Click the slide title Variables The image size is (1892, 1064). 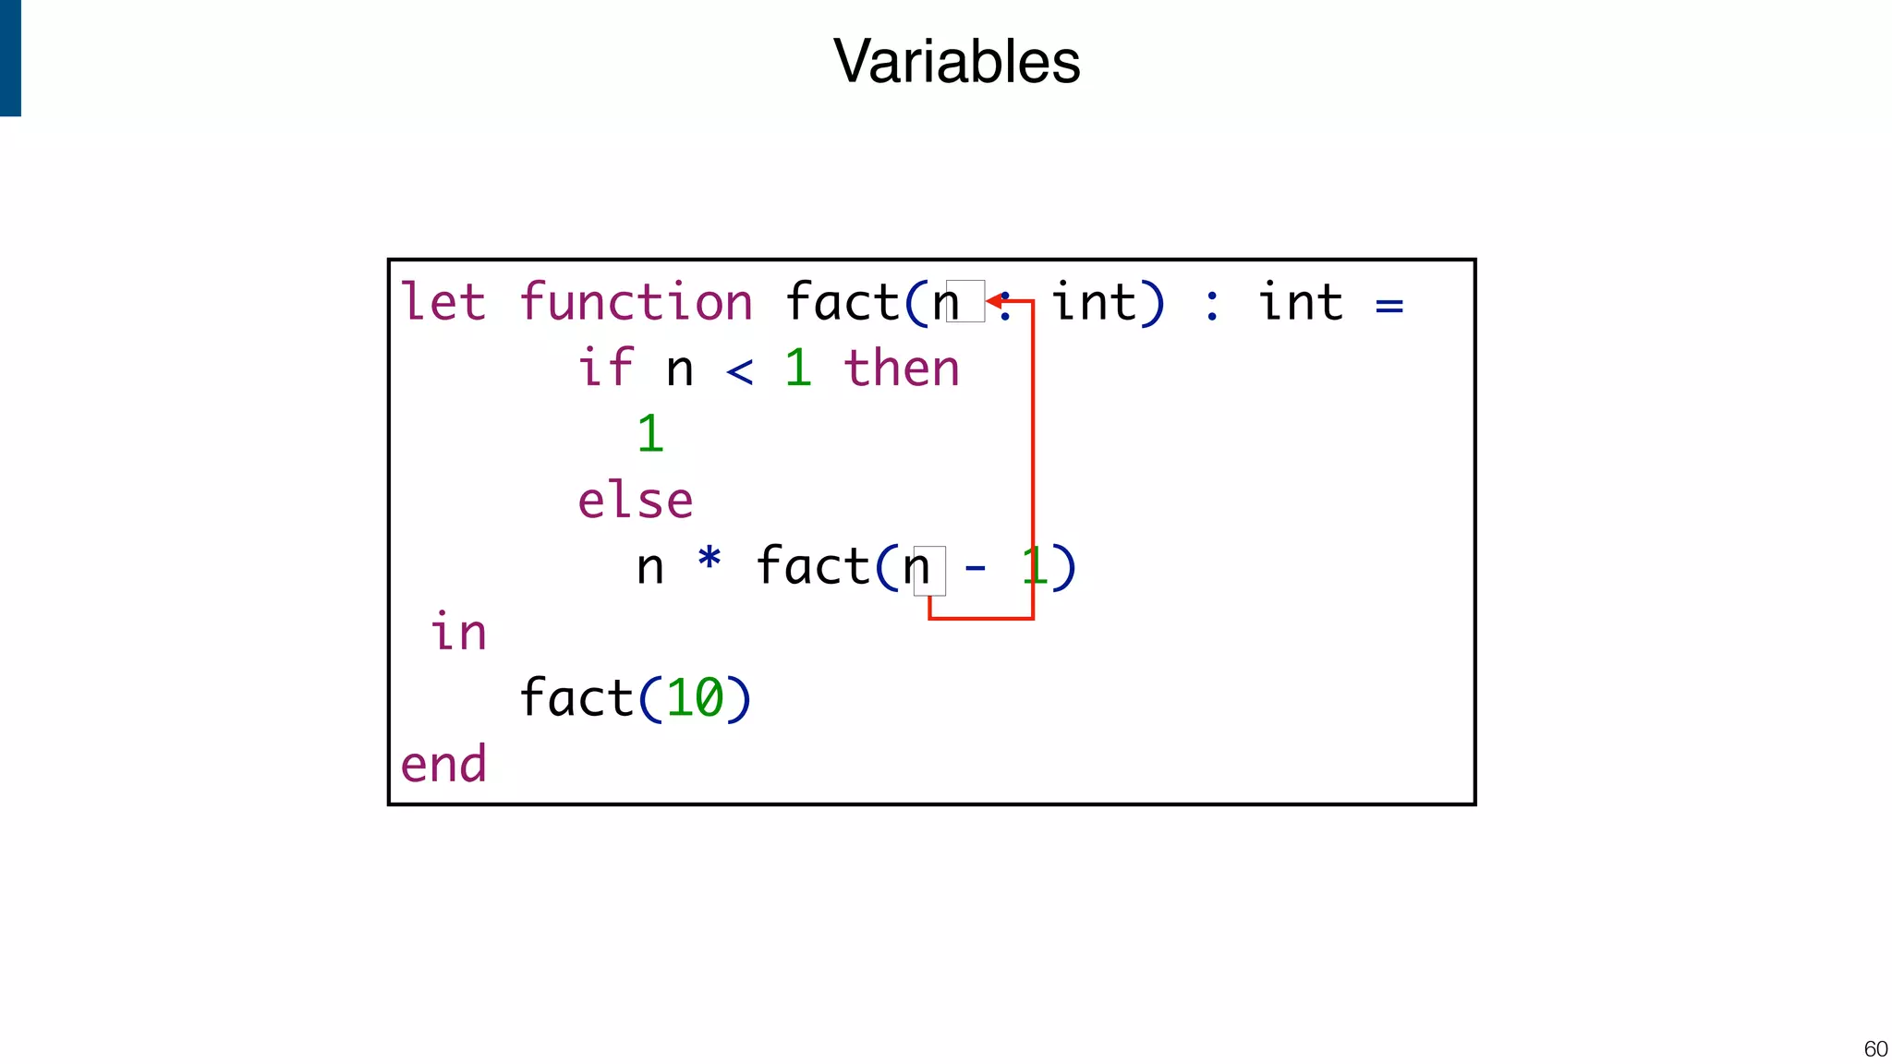point(956,62)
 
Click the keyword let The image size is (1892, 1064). point(443,303)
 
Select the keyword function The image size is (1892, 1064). point(636,303)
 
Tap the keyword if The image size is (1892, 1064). point(605,369)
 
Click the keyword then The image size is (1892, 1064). point(902,369)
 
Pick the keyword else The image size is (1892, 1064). point(636,501)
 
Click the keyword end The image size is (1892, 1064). point(443,765)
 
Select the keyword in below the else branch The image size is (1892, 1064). point(457,633)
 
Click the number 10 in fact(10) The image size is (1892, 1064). point(695,698)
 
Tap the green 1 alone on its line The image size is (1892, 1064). point(650,434)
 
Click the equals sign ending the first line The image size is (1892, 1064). point(1389,306)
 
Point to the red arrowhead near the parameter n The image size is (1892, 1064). point(994,301)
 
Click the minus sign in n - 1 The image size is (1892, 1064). point(975,568)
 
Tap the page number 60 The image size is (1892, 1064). point(1875,1049)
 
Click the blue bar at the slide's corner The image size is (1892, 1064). point(10,57)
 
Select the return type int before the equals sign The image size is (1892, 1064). point(1300,303)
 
